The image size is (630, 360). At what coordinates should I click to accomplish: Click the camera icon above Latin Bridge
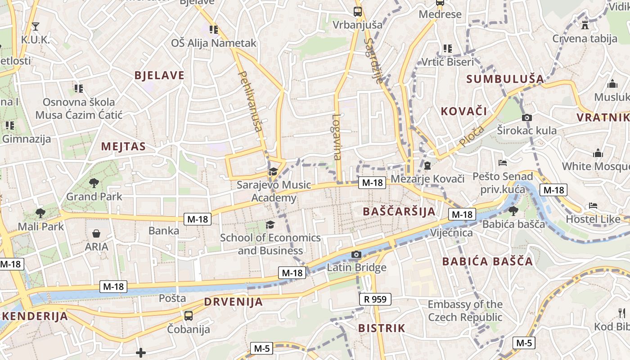(x=356, y=255)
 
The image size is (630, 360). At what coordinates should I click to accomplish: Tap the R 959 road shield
(x=375, y=299)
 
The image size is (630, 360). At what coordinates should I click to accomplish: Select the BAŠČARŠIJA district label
(x=399, y=211)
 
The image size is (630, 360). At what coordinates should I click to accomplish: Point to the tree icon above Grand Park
(x=94, y=183)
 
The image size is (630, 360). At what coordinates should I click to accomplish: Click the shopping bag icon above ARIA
(x=96, y=234)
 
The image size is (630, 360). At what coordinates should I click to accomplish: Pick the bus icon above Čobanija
(x=189, y=315)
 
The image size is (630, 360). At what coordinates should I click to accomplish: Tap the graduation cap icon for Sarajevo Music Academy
(x=273, y=171)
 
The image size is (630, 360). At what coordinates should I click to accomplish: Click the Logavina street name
(x=337, y=137)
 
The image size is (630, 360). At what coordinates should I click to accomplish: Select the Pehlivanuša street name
(x=249, y=101)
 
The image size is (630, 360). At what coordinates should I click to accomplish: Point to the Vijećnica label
(x=451, y=233)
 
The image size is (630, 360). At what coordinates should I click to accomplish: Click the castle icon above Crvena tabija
(x=585, y=25)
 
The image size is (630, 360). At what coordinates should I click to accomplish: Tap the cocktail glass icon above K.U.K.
(x=36, y=27)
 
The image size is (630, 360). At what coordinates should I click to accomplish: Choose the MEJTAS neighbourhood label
(x=123, y=146)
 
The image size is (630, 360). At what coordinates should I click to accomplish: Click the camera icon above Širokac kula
(x=526, y=118)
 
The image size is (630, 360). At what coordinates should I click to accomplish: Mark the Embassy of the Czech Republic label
(x=465, y=310)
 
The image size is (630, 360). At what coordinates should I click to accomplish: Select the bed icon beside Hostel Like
(x=593, y=206)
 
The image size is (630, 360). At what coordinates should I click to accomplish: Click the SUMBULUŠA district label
(x=505, y=79)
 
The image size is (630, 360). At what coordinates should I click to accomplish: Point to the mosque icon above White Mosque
(x=598, y=153)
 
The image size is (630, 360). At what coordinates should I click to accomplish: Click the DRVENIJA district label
(x=233, y=301)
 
